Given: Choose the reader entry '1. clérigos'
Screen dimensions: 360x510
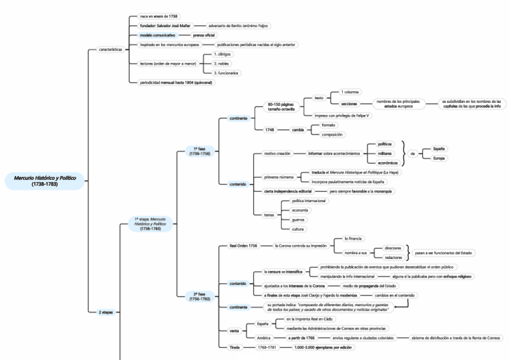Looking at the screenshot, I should (223, 54).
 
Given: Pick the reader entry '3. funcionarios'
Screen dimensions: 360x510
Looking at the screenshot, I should (226, 73).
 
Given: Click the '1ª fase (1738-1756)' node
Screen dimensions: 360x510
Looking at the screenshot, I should (198, 150).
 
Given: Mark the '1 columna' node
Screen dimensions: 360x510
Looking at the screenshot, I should (350, 92).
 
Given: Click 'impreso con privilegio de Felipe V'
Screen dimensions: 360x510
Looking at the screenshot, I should (339, 115).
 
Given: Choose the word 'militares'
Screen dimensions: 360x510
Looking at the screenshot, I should (385, 153).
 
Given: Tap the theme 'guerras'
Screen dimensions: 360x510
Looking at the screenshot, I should (298, 219).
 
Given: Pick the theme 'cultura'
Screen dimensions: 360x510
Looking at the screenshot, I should (298, 229).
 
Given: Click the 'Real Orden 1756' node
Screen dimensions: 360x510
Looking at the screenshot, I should (243, 245).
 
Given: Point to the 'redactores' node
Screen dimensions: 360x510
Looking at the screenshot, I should (394, 257).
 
